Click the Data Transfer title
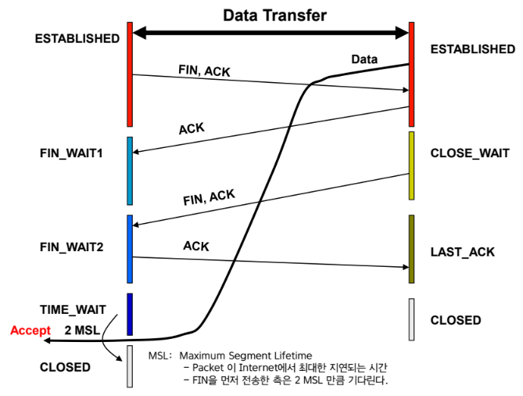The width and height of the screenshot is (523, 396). pyautogui.click(x=274, y=15)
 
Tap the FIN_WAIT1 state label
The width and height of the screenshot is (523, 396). pyautogui.click(x=71, y=153)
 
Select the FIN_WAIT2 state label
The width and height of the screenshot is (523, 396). pyautogui.click(x=71, y=247)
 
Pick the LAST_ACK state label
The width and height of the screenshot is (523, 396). pyautogui.click(x=463, y=252)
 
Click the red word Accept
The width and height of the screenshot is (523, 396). pyautogui.click(x=30, y=330)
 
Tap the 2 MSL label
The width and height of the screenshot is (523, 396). pyautogui.click(x=82, y=330)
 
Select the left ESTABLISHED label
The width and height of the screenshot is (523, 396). pyautogui.click(x=77, y=38)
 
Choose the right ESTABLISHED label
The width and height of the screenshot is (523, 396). pyautogui.click(x=473, y=49)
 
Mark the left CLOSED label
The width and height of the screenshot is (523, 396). pyautogui.click(x=65, y=366)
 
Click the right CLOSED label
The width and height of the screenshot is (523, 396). pyautogui.click(x=456, y=320)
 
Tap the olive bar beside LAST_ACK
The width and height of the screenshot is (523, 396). pyautogui.click(x=411, y=250)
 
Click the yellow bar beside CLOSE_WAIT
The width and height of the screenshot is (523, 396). pyautogui.click(x=411, y=165)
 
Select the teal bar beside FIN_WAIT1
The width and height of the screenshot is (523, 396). pyautogui.click(x=130, y=171)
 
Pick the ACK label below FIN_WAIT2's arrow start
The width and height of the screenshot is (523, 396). pyautogui.click(x=195, y=246)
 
